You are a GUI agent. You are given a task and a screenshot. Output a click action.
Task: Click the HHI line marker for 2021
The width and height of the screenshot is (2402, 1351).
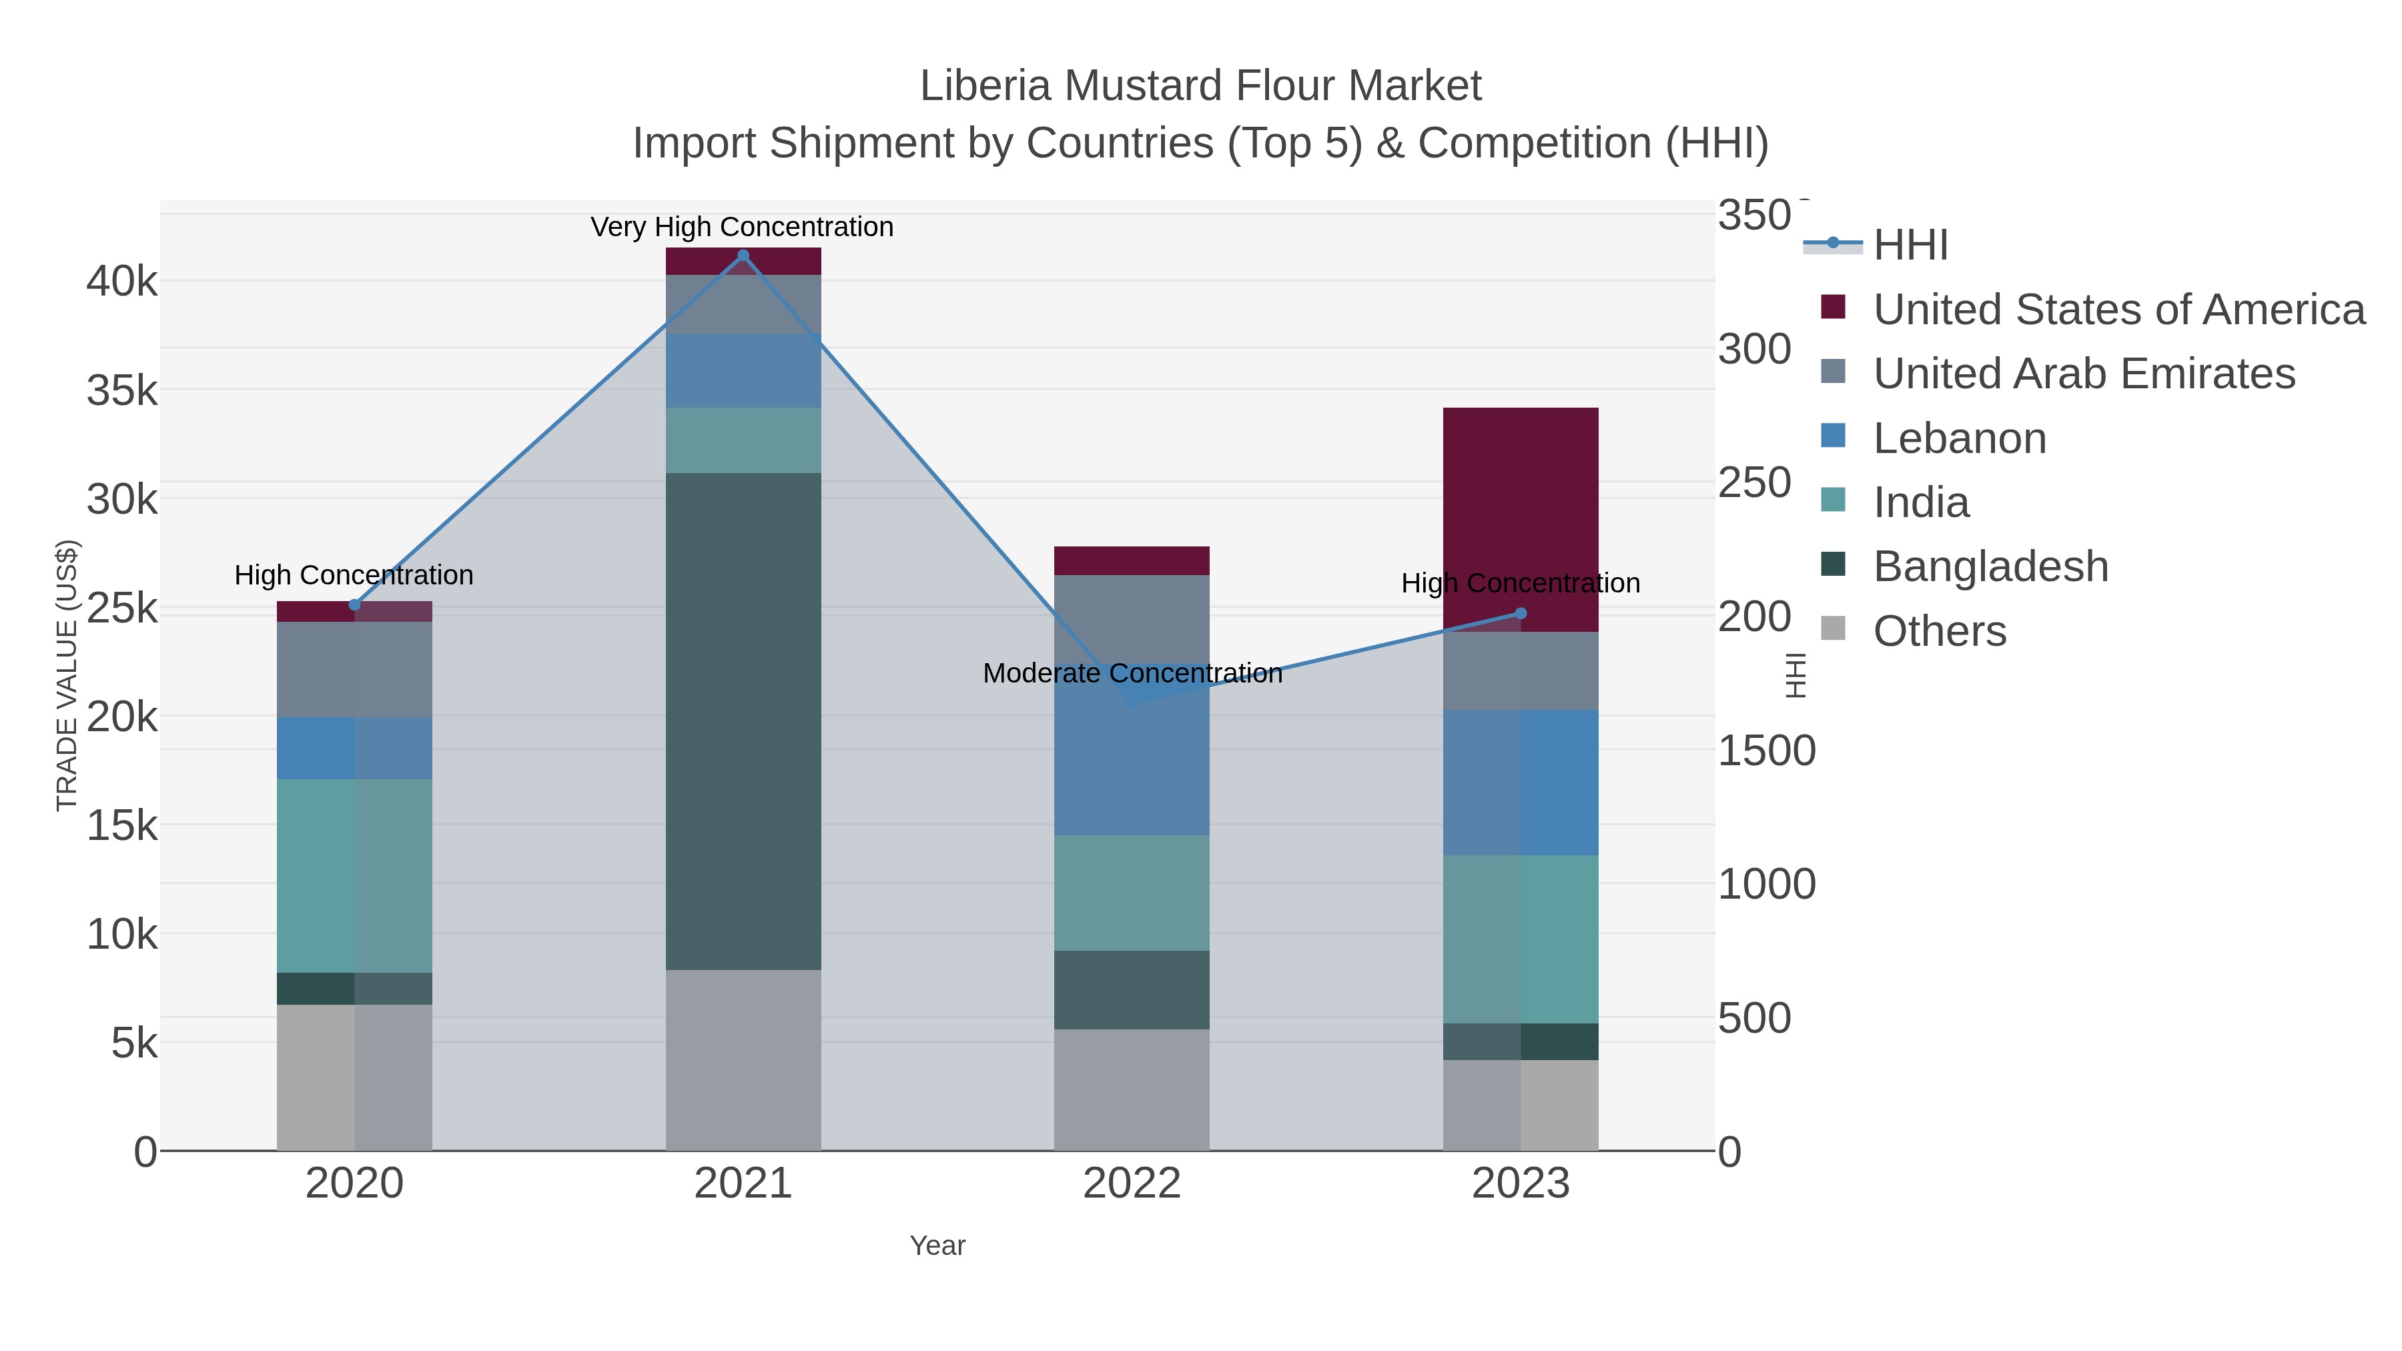click(743, 256)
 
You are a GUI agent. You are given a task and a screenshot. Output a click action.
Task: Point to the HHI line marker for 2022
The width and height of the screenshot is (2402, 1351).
click(1132, 701)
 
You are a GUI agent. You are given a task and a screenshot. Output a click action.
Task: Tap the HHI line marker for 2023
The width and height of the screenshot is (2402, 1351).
click(1521, 614)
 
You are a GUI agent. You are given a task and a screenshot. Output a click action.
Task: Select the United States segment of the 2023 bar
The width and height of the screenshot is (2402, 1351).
click(1521, 519)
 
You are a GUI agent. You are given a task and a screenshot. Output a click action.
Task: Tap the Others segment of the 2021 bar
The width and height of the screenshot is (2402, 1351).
click(743, 1059)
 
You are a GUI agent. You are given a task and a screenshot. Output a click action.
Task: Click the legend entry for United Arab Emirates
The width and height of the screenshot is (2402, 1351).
click(2083, 374)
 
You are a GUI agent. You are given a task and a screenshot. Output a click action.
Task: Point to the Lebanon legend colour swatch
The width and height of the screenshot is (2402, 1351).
click(1832, 436)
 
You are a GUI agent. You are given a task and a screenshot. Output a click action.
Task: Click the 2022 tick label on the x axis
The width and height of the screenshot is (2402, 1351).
click(1132, 1184)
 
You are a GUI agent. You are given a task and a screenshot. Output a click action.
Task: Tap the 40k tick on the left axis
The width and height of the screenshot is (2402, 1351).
click(122, 282)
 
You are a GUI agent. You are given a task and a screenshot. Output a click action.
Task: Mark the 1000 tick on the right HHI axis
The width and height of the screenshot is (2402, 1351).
click(1766, 884)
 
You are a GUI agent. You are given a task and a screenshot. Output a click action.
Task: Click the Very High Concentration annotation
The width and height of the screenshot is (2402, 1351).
click(742, 227)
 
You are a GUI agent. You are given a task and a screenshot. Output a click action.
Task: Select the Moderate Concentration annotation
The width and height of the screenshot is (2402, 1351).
click(1132, 673)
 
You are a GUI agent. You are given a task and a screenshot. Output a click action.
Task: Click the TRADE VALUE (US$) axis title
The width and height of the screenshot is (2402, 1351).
click(67, 675)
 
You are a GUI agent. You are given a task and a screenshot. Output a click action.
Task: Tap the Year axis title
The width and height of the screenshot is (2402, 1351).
click(937, 1246)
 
